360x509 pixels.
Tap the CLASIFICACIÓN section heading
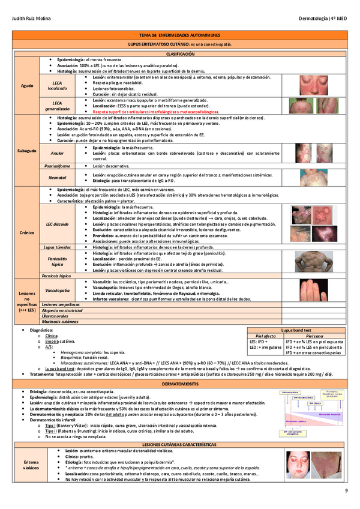[179, 53]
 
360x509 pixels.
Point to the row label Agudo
[28, 86]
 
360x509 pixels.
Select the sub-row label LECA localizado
[58, 85]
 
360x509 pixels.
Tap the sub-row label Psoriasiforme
[57, 165]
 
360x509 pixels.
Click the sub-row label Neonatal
[57, 178]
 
